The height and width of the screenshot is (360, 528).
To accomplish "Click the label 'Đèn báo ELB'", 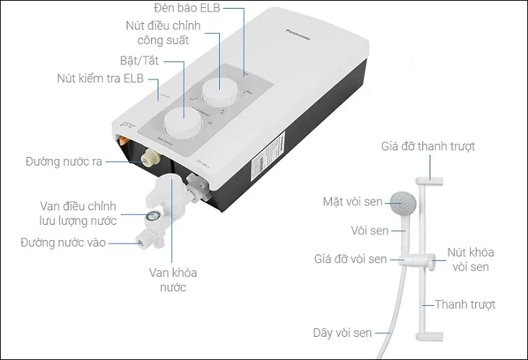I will [x=187, y=8].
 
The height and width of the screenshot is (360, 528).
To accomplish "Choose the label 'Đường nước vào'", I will [x=64, y=243].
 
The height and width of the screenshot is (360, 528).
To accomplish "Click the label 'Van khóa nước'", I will [x=173, y=280].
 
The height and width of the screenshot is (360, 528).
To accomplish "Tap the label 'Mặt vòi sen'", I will [x=353, y=201].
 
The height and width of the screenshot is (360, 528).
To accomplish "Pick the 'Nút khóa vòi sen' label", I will [x=470, y=260].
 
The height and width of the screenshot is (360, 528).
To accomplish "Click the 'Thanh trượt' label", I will [x=467, y=304].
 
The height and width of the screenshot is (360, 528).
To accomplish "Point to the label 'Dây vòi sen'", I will [x=342, y=333].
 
